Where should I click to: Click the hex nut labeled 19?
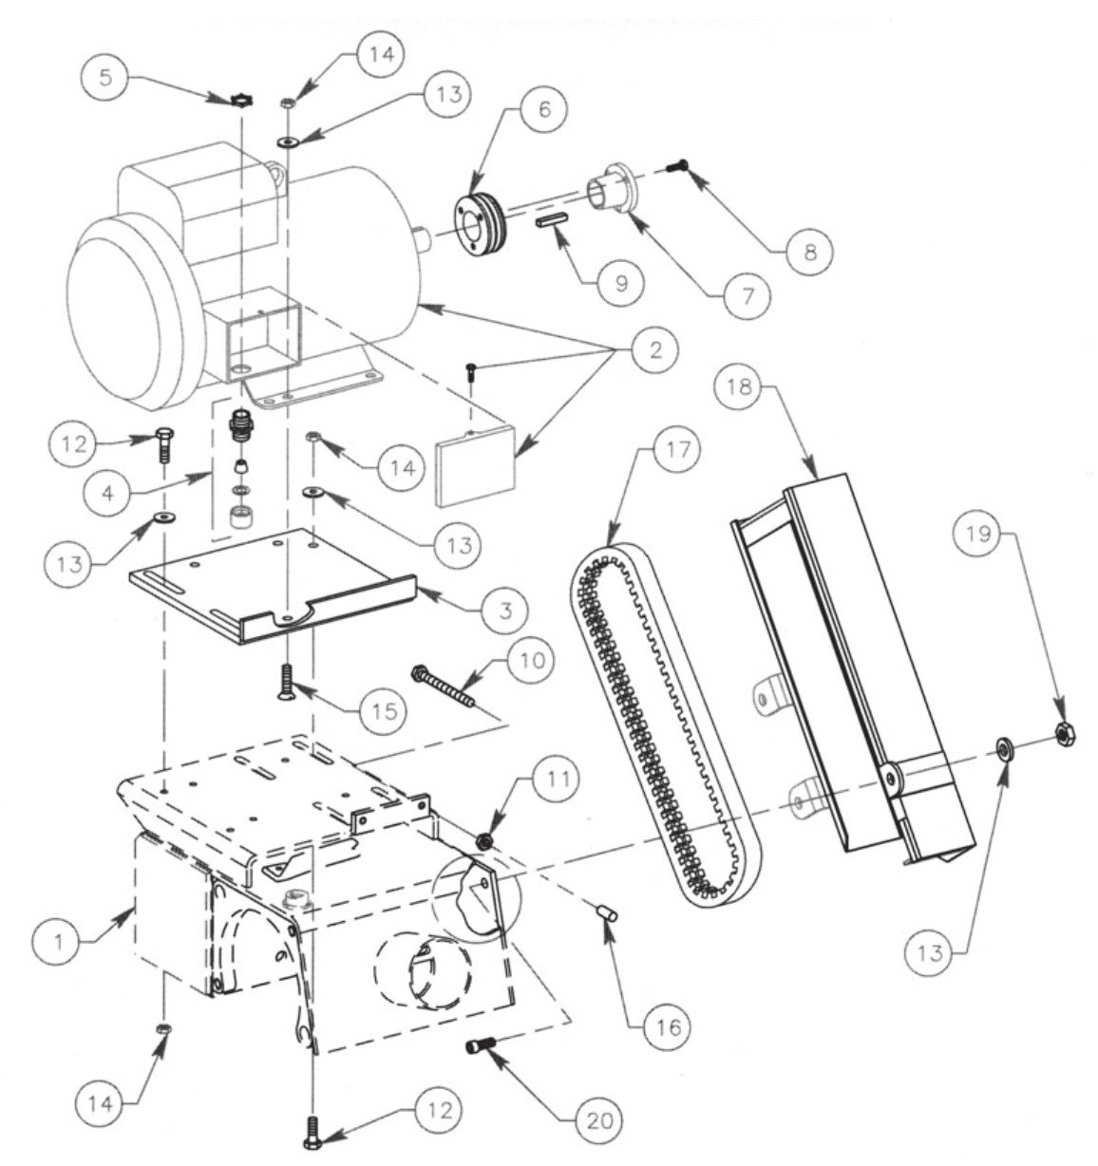pos(1066,732)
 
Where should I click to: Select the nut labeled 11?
pos(485,841)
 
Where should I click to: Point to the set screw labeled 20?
pos(478,1049)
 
